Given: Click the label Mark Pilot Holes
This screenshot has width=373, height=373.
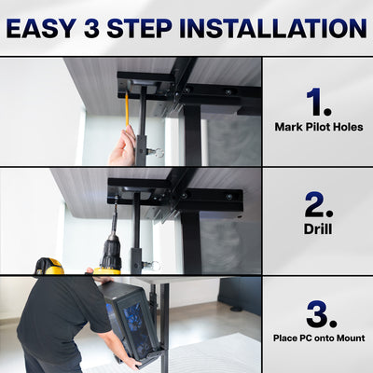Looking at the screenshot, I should [x=318, y=126].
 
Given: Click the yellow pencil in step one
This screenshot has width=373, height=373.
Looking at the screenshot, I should [x=126, y=110].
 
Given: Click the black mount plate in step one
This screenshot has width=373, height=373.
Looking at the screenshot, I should [x=145, y=81].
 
